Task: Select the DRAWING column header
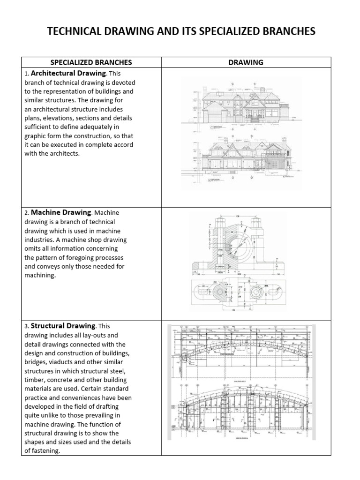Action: point(246,62)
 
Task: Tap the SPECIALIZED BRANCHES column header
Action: point(91,62)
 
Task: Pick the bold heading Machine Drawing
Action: point(61,213)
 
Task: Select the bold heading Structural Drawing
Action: point(63,326)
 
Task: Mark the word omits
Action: point(32,248)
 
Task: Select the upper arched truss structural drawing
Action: point(242,354)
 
